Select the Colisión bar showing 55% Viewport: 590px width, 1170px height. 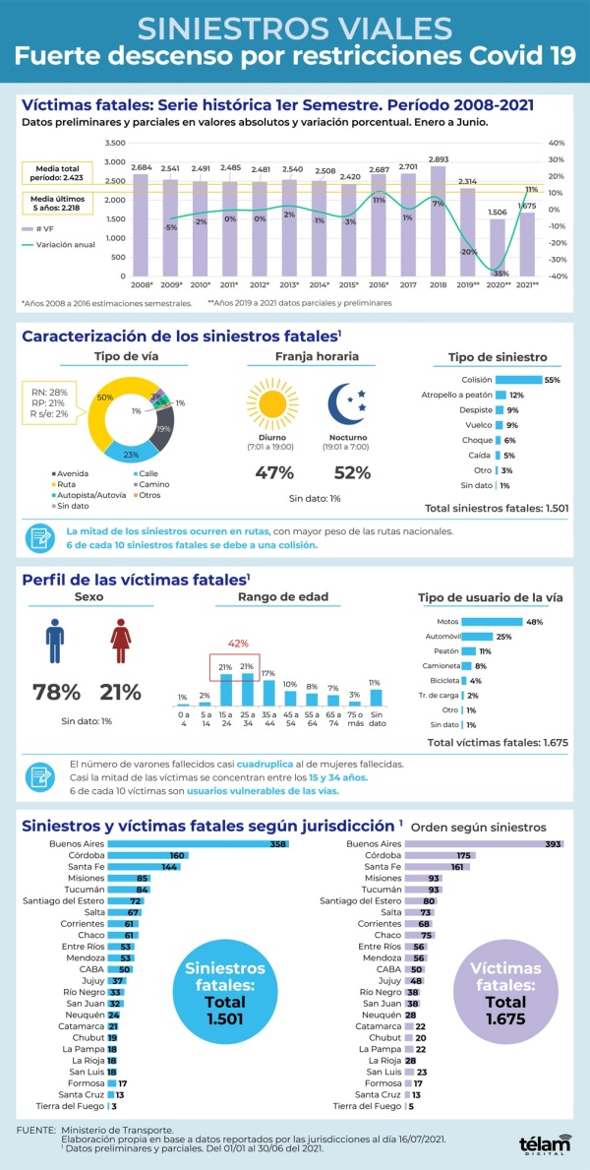[x=518, y=380]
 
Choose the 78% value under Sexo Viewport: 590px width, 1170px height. [x=56, y=692]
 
